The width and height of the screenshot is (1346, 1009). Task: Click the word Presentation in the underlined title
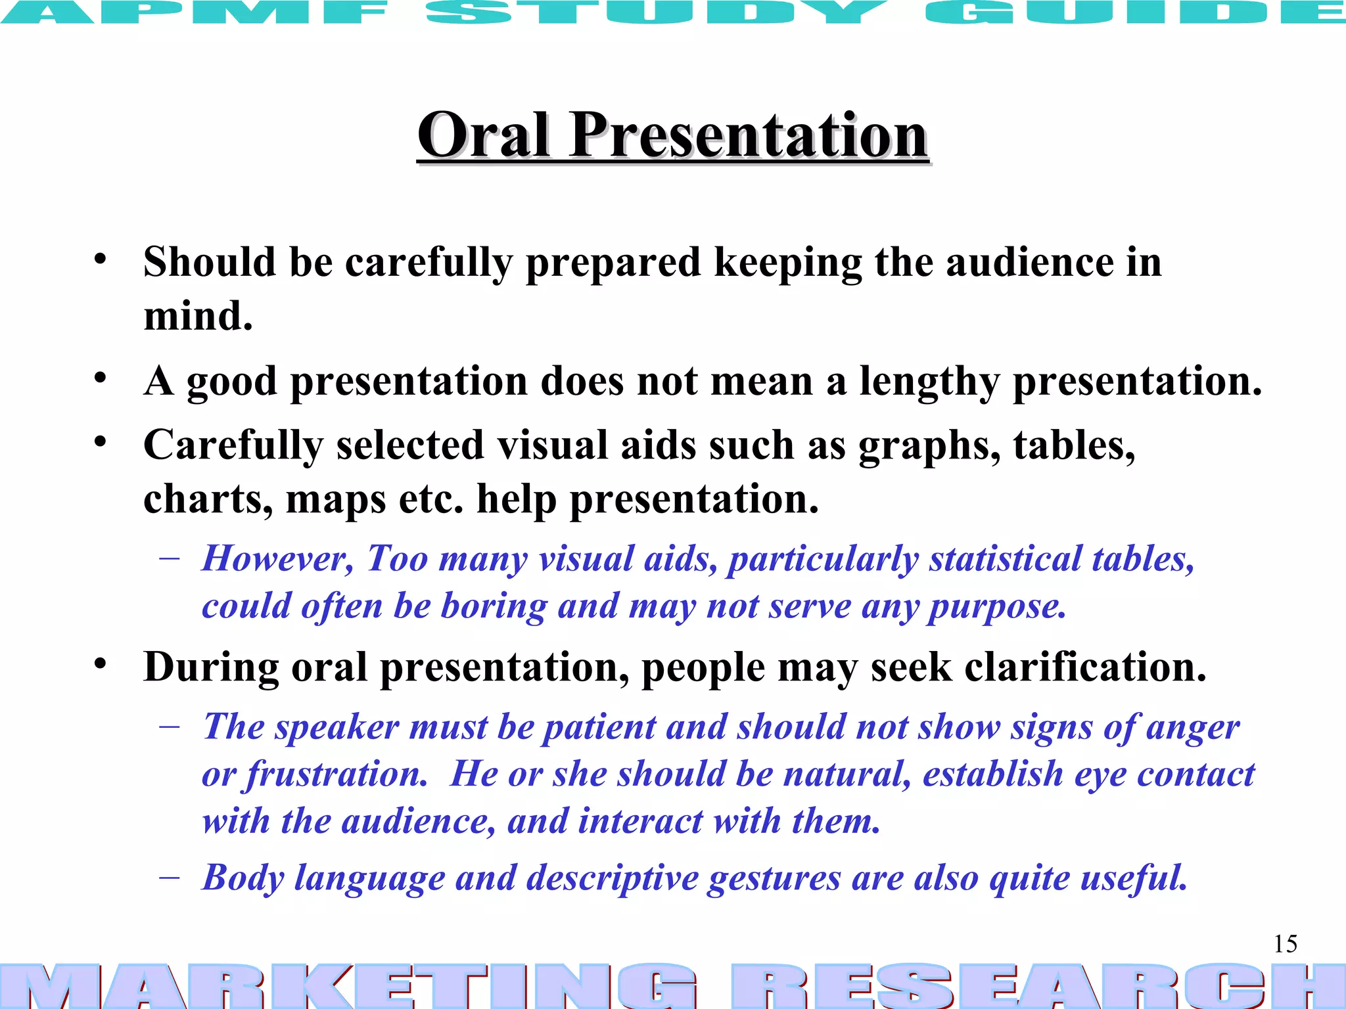(749, 135)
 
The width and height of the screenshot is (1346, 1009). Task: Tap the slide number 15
(1286, 944)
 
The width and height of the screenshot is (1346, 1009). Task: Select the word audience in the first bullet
(1029, 262)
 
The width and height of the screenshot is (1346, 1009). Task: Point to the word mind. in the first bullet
(198, 316)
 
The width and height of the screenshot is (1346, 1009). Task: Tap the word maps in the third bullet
(336, 499)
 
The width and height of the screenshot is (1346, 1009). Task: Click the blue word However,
(277, 559)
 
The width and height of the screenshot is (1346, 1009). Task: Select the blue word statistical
(1005, 559)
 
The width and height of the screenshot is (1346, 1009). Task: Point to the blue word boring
(494, 606)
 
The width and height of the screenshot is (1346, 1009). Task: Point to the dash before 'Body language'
(170, 878)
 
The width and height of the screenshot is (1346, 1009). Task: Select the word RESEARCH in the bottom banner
(1038, 985)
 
